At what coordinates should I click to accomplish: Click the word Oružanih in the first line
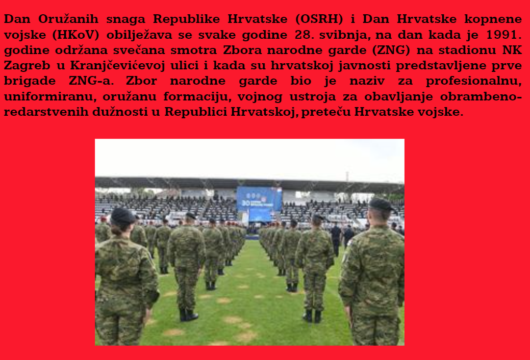68,19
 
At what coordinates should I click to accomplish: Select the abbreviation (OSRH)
319,19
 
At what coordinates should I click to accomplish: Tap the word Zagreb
27,66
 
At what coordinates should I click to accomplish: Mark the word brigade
30,81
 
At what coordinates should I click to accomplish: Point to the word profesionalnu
473,81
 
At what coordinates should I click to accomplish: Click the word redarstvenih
45,112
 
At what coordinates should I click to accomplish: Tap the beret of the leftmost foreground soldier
122,216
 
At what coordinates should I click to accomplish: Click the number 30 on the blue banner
245,203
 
